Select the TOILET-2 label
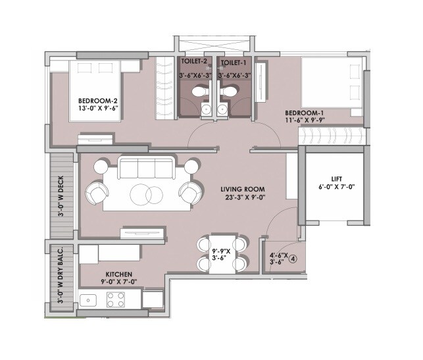(x=195, y=62)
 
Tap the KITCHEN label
(x=119, y=273)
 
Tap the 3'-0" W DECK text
(x=61, y=200)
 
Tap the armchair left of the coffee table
(x=98, y=193)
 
